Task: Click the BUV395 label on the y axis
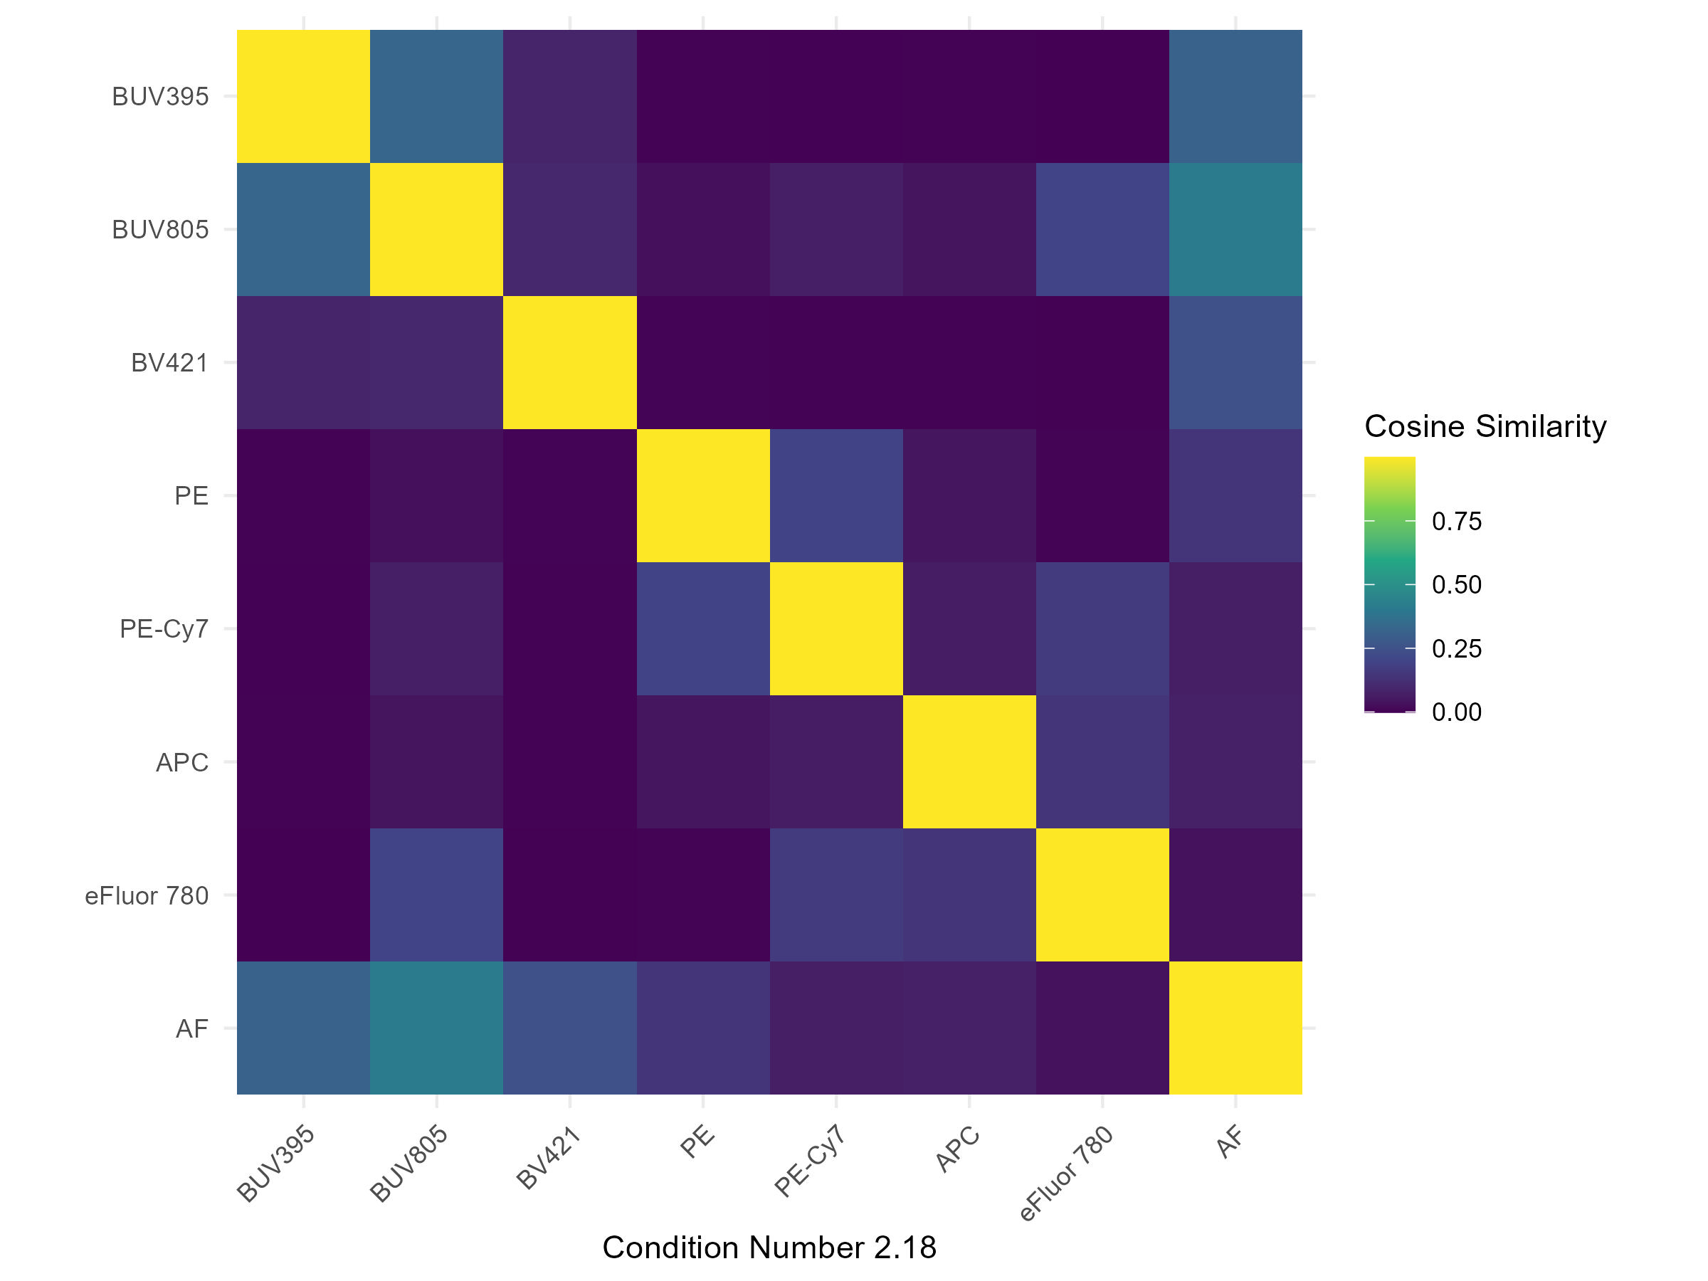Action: [x=160, y=97]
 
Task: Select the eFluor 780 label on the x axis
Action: [x=1065, y=1174]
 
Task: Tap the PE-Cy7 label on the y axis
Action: [x=164, y=629]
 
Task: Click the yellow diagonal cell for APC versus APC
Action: [x=969, y=762]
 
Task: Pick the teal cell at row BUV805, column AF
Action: [x=1235, y=229]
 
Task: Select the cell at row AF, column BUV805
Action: [x=436, y=1028]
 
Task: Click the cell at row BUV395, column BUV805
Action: [x=436, y=97]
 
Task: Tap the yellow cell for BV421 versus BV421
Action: [x=570, y=362]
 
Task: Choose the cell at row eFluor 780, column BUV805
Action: [x=436, y=895]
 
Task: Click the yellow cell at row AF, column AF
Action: [x=1235, y=1028]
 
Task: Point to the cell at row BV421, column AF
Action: [x=1235, y=362]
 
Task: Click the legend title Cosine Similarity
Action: [x=1485, y=426]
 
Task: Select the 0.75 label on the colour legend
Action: [x=1456, y=522]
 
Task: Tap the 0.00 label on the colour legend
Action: [x=1456, y=712]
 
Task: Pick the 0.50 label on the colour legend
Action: [x=1456, y=585]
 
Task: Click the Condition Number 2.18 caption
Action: [x=769, y=1248]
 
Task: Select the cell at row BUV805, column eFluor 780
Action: [x=1102, y=229]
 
